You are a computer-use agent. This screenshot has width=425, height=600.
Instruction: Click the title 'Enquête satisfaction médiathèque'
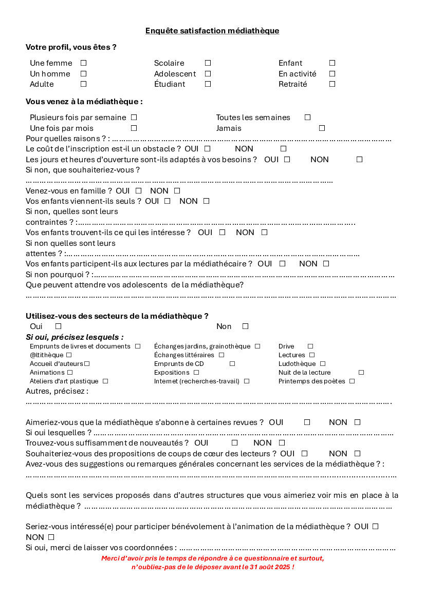212,31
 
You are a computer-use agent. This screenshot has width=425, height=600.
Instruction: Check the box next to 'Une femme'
83,63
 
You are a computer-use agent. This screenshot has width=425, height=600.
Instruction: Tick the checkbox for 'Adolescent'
208,73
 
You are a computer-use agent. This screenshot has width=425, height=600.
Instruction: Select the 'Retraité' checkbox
332,84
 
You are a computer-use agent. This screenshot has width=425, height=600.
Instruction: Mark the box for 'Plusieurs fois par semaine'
134,118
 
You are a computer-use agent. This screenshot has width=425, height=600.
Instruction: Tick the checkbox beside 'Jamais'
322,128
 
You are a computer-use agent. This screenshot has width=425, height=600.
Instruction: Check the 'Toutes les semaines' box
307,118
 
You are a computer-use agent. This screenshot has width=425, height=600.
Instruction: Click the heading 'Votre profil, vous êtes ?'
71,47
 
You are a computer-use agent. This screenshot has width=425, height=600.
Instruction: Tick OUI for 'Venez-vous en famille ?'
138,191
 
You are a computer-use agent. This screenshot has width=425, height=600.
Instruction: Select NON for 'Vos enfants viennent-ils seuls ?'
206,201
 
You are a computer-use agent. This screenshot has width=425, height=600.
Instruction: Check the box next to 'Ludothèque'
323,364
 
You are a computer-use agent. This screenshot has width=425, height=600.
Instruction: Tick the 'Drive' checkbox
310,346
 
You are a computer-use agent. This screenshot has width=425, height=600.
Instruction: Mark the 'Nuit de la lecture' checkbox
361,373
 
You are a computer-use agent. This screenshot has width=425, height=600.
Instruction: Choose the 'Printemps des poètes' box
352,381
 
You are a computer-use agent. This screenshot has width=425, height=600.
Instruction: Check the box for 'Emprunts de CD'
232,364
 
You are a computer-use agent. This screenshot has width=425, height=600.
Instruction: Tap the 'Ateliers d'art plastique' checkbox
105,381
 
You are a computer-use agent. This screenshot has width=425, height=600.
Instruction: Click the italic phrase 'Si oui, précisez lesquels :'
75,337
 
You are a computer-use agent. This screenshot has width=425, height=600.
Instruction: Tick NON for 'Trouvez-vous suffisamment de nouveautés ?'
282,443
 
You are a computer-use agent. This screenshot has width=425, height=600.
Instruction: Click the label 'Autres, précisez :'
57,391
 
